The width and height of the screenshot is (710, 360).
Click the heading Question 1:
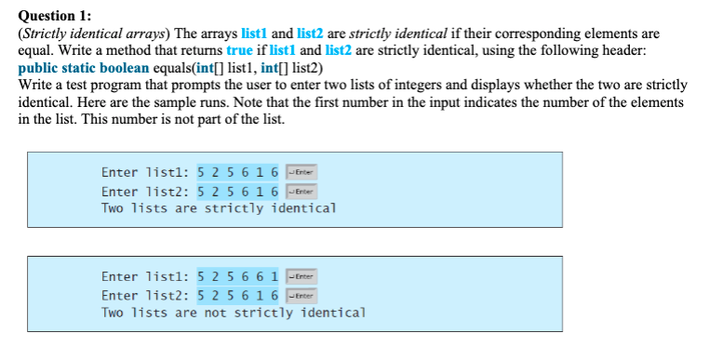coord(55,13)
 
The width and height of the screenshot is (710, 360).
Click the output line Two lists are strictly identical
coord(219,208)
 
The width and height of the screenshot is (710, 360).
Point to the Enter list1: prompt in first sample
coord(144,174)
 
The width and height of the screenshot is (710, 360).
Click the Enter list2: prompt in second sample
coord(144,295)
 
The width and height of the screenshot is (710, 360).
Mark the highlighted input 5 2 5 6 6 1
coord(238,278)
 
